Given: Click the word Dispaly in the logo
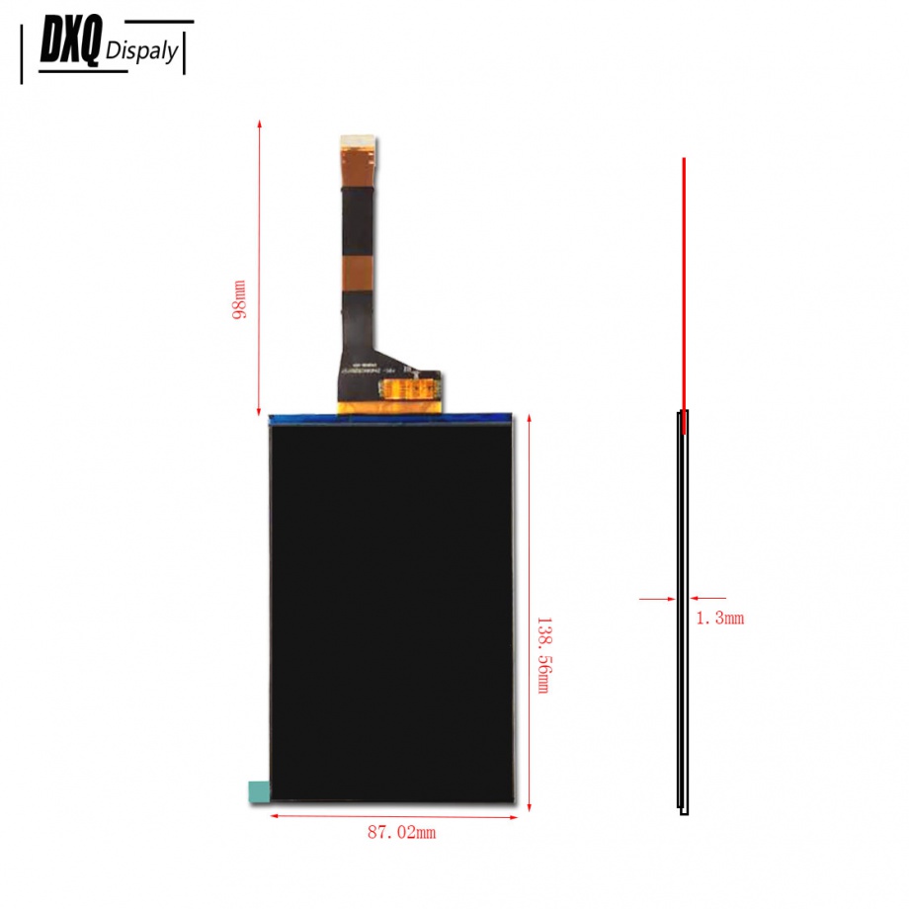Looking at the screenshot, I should [x=142, y=51].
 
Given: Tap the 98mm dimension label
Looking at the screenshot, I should [x=238, y=299].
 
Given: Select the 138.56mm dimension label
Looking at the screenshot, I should [x=542, y=655].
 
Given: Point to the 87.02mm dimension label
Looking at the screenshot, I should [x=401, y=833].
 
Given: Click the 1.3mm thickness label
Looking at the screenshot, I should [x=719, y=619].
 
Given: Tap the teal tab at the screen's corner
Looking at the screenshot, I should [x=258, y=791].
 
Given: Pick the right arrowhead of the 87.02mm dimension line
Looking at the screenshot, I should [x=517, y=815].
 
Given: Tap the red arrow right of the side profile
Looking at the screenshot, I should [x=706, y=598].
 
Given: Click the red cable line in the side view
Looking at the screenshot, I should [x=683, y=287].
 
